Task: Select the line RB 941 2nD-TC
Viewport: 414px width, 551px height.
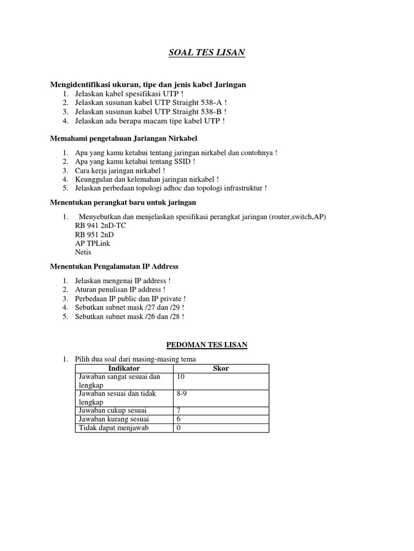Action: point(100,226)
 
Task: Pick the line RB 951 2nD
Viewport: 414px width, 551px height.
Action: point(94,235)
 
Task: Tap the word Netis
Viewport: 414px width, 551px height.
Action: point(84,252)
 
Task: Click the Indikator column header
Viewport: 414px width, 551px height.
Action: point(124,369)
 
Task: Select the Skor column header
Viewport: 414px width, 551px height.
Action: point(221,369)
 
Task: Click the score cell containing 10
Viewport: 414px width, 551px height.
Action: point(181,377)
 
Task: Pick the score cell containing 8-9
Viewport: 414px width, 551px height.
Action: point(182,394)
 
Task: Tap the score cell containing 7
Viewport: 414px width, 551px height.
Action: point(178,411)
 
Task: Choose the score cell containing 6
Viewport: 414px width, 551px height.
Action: point(178,419)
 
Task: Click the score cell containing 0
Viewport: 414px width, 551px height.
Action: point(178,428)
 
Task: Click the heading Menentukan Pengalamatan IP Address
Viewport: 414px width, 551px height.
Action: point(114,266)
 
